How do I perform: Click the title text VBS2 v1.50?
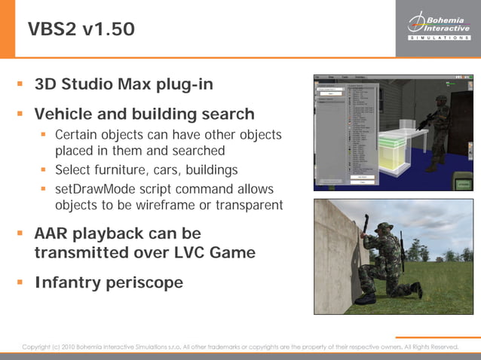(82, 29)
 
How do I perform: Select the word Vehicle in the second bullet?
(66, 114)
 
